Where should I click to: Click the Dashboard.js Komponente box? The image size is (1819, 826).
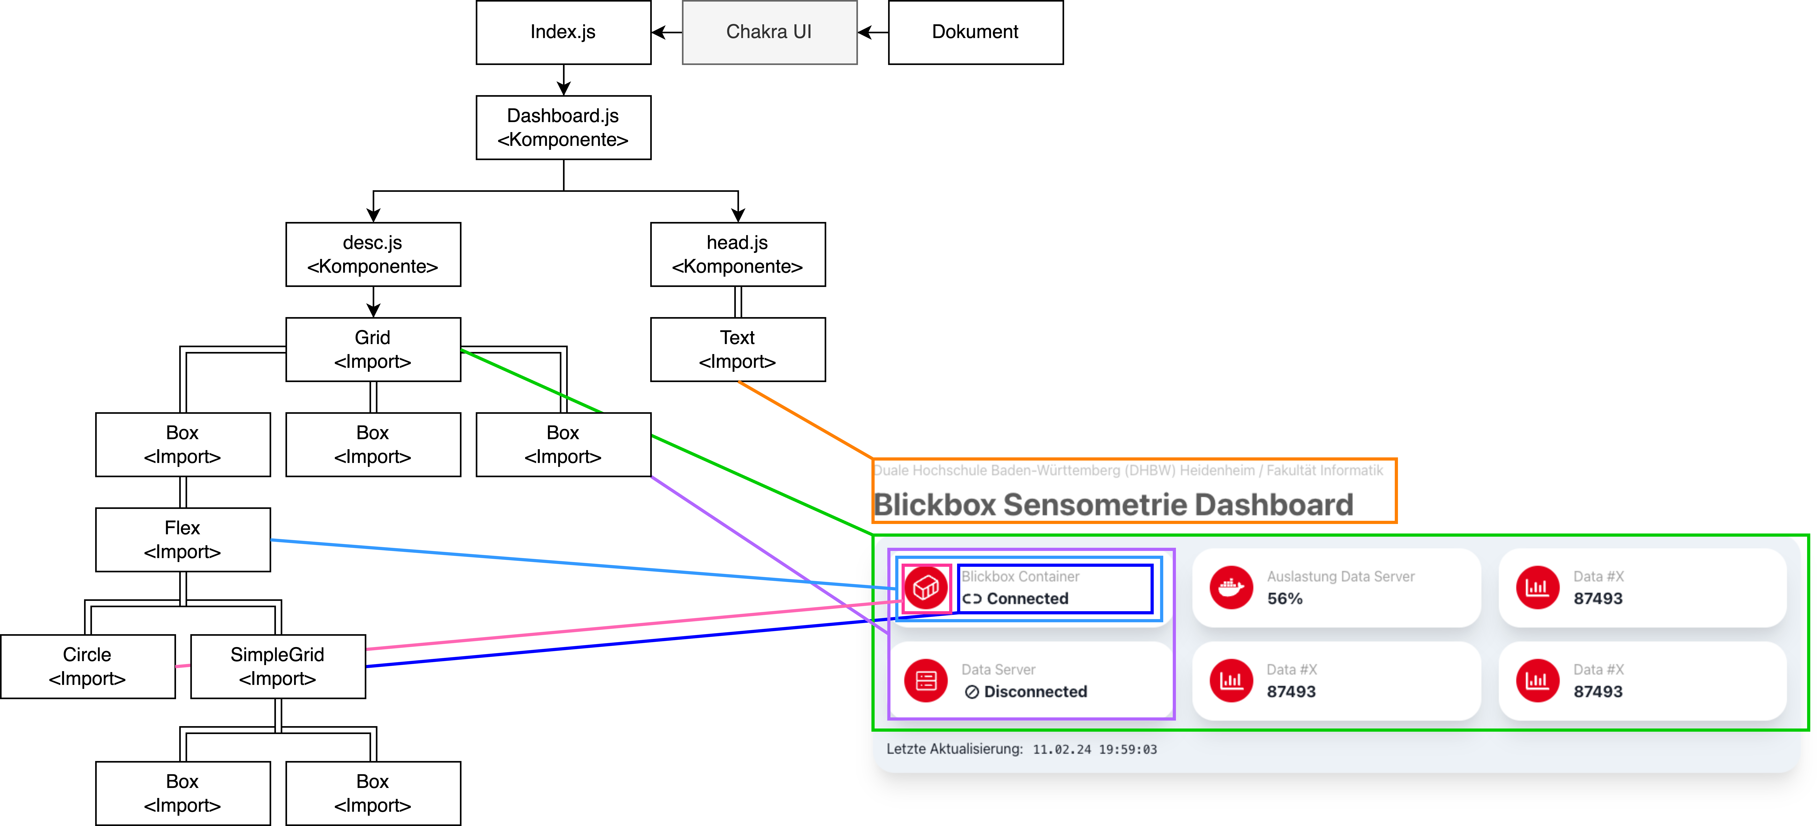(x=563, y=128)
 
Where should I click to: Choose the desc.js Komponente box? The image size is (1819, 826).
(x=373, y=254)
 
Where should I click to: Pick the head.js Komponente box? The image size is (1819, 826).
(x=737, y=254)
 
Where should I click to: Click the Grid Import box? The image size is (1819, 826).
(x=373, y=349)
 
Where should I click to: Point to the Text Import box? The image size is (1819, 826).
(x=737, y=349)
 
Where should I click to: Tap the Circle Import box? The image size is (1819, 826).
(x=88, y=666)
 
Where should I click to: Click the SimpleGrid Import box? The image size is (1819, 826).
(x=278, y=666)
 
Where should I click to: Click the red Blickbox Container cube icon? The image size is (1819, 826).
(x=926, y=587)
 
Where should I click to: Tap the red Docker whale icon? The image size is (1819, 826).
(x=1231, y=587)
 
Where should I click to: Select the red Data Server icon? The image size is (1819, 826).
(x=926, y=681)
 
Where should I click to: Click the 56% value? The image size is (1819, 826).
(x=1284, y=599)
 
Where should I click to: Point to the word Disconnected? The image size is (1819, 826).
(x=1035, y=692)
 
